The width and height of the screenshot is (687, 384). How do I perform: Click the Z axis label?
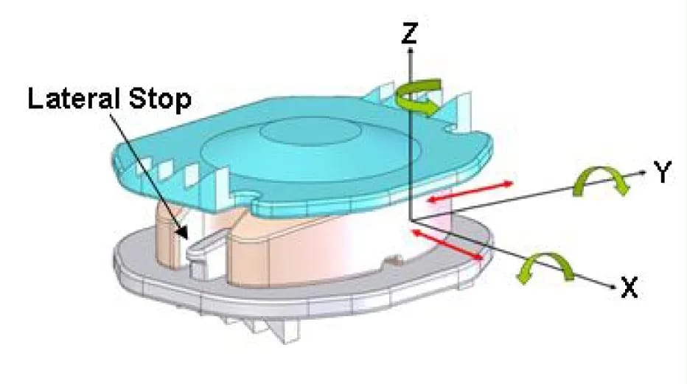tap(409, 33)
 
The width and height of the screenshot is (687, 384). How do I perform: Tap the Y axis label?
tap(662, 171)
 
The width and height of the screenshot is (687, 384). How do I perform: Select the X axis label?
tap(630, 287)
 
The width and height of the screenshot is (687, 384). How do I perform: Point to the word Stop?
tap(160, 100)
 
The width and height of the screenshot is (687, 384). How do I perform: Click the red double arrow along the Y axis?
tap(470, 192)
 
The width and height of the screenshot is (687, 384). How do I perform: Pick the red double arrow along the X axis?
tap(447, 245)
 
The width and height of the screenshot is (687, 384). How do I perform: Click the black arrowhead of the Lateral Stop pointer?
tap(184, 232)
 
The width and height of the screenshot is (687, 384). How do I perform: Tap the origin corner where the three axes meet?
tap(410, 220)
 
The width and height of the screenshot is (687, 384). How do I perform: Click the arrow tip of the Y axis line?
tap(644, 172)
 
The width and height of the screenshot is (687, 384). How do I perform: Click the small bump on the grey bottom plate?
tap(394, 262)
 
